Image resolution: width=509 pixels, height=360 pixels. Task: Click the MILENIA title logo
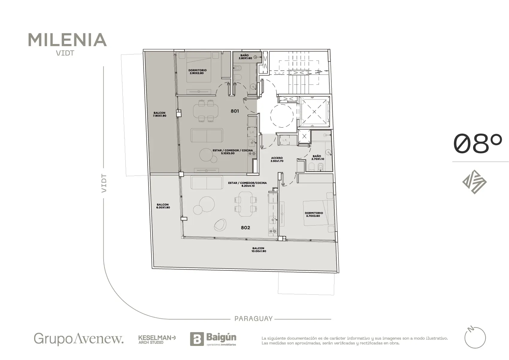pyautogui.click(x=67, y=40)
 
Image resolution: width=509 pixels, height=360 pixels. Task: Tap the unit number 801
pyautogui.click(x=235, y=111)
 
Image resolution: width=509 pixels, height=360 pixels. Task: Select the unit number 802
pyautogui.click(x=246, y=228)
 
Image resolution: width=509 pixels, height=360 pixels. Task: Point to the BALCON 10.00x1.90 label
pyautogui.click(x=259, y=250)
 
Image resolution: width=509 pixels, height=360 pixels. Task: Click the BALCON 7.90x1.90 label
pyautogui.click(x=160, y=114)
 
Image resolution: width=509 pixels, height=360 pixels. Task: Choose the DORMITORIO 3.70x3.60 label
pyautogui.click(x=314, y=214)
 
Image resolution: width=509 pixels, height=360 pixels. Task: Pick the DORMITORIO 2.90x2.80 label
pyautogui.click(x=197, y=72)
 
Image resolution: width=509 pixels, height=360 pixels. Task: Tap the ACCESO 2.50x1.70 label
pyautogui.click(x=277, y=160)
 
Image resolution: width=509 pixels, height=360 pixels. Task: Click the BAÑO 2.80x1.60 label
pyautogui.click(x=245, y=57)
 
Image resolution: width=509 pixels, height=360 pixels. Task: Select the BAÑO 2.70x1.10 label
pyautogui.click(x=317, y=158)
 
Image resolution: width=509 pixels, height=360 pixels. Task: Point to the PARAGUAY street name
pyautogui.click(x=253, y=319)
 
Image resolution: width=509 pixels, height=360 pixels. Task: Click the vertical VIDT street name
pyautogui.click(x=104, y=183)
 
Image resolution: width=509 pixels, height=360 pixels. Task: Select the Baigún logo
pyautogui.click(x=213, y=339)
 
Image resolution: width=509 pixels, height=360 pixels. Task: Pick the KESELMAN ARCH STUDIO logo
pyautogui.click(x=157, y=340)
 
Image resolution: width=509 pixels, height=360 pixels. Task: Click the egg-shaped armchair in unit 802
pyautogui.click(x=220, y=225)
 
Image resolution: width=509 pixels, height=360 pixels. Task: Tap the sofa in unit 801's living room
pyautogui.click(x=207, y=135)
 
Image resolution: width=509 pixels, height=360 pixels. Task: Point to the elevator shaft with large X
pyautogui.click(x=314, y=112)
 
